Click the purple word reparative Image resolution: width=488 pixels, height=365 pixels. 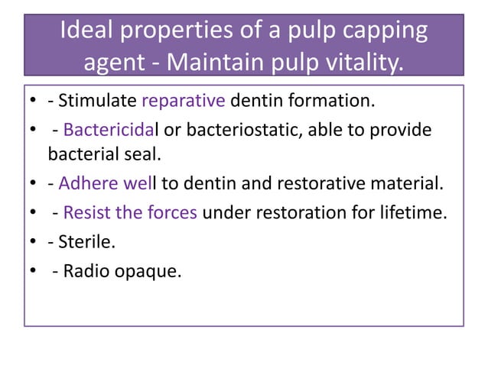(x=178, y=102)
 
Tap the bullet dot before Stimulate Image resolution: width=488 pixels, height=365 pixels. (x=34, y=102)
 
